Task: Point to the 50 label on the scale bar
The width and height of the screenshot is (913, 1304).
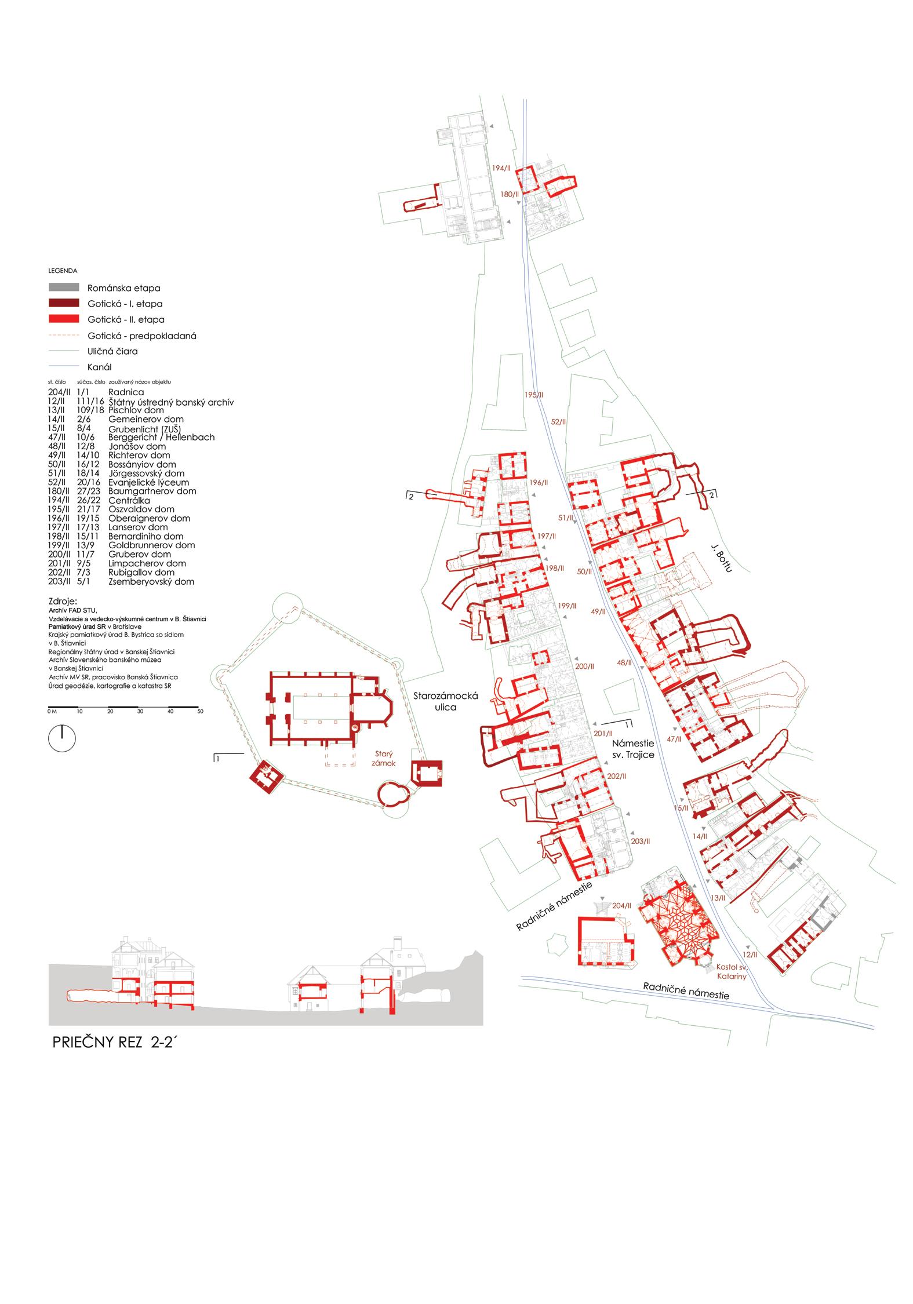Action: click(200, 711)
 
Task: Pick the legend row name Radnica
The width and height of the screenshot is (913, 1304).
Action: click(126, 392)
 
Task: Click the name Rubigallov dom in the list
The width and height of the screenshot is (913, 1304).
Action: click(141, 573)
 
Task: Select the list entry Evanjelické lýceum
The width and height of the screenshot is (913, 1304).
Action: click(148, 482)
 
